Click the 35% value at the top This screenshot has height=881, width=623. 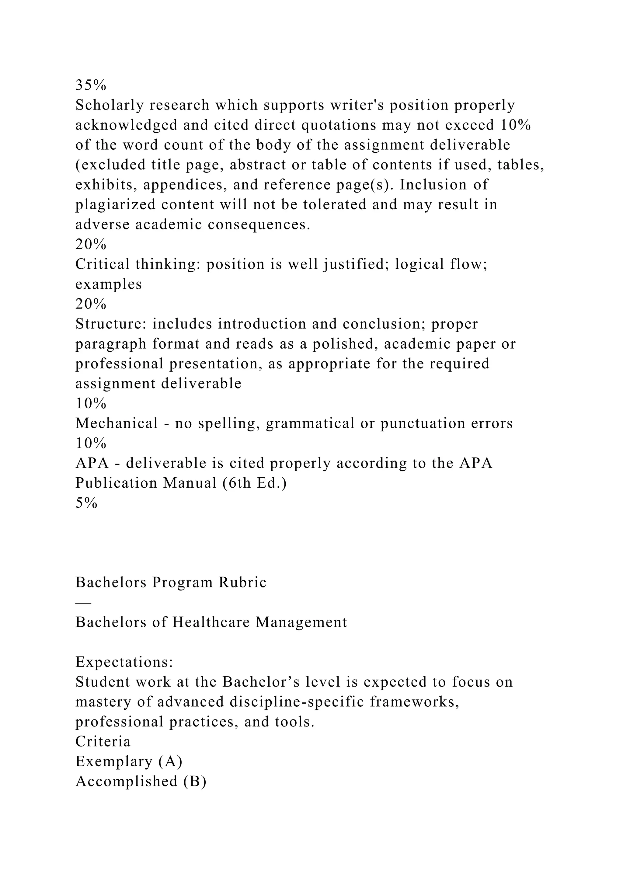pyautogui.click(x=91, y=85)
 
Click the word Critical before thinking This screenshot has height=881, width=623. pyautogui.click(x=103, y=264)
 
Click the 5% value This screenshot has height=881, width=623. pyautogui.click(x=86, y=503)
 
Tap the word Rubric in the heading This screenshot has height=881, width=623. pyautogui.click(x=242, y=583)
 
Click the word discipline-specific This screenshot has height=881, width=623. pyautogui.click(x=297, y=702)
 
